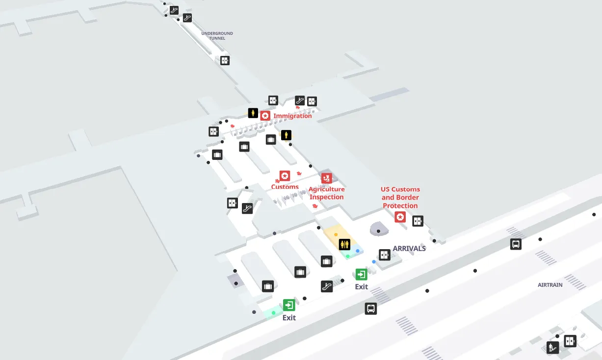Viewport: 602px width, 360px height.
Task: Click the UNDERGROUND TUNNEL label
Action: pos(217,36)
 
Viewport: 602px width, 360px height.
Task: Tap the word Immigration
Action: pos(292,116)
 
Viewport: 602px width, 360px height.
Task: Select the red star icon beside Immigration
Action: pos(265,116)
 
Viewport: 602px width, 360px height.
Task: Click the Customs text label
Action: pos(285,187)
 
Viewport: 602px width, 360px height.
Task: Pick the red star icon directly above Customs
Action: pos(285,176)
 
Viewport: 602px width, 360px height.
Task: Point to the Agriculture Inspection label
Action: pos(326,193)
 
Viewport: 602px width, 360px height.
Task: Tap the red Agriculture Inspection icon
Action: pos(327,178)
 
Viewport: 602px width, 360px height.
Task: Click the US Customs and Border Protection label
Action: pos(400,197)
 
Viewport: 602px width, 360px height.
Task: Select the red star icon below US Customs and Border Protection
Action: pos(400,217)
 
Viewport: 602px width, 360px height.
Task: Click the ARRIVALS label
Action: pos(409,249)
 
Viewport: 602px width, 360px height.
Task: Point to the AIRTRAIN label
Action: pos(550,285)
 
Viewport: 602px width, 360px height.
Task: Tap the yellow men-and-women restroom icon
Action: pos(344,244)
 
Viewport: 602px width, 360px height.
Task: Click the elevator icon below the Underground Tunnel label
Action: pos(225,60)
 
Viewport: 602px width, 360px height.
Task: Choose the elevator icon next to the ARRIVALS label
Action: pos(385,255)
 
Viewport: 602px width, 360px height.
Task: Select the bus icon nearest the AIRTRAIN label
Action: pos(516,244)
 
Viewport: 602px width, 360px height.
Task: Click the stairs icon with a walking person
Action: pos(553,348)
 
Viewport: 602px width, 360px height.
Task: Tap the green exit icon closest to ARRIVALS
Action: pos(362,274)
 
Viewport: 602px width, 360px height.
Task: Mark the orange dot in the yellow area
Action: pos(336,234)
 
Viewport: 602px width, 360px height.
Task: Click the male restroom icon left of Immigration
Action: pos(253,113)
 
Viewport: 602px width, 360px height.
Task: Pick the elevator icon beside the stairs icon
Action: pos(570,340)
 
